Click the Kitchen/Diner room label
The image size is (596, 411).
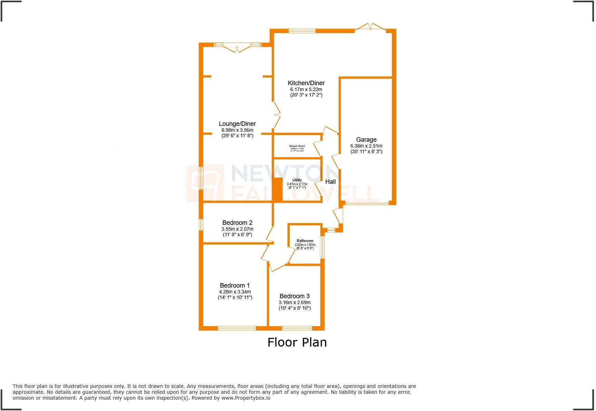306,83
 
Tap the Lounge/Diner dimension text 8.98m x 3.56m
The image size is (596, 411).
237,130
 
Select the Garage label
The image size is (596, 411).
366,140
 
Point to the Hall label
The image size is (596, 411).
330,182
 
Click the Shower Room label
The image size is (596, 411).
297,146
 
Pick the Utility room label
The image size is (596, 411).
297,180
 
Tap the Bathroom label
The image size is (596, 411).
305,241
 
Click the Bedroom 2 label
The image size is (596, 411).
237,223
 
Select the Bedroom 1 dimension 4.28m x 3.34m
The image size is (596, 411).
235,292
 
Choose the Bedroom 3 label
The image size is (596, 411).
295,296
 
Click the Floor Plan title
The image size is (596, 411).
297,342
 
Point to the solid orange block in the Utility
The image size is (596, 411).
278,189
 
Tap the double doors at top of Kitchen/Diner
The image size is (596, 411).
370,27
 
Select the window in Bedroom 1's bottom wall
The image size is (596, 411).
237,328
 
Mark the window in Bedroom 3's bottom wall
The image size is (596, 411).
297,328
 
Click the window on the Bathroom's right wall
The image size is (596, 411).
322,247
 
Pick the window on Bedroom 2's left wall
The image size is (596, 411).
201,225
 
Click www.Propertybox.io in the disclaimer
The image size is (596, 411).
246,398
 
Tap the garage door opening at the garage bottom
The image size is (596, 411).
367,203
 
